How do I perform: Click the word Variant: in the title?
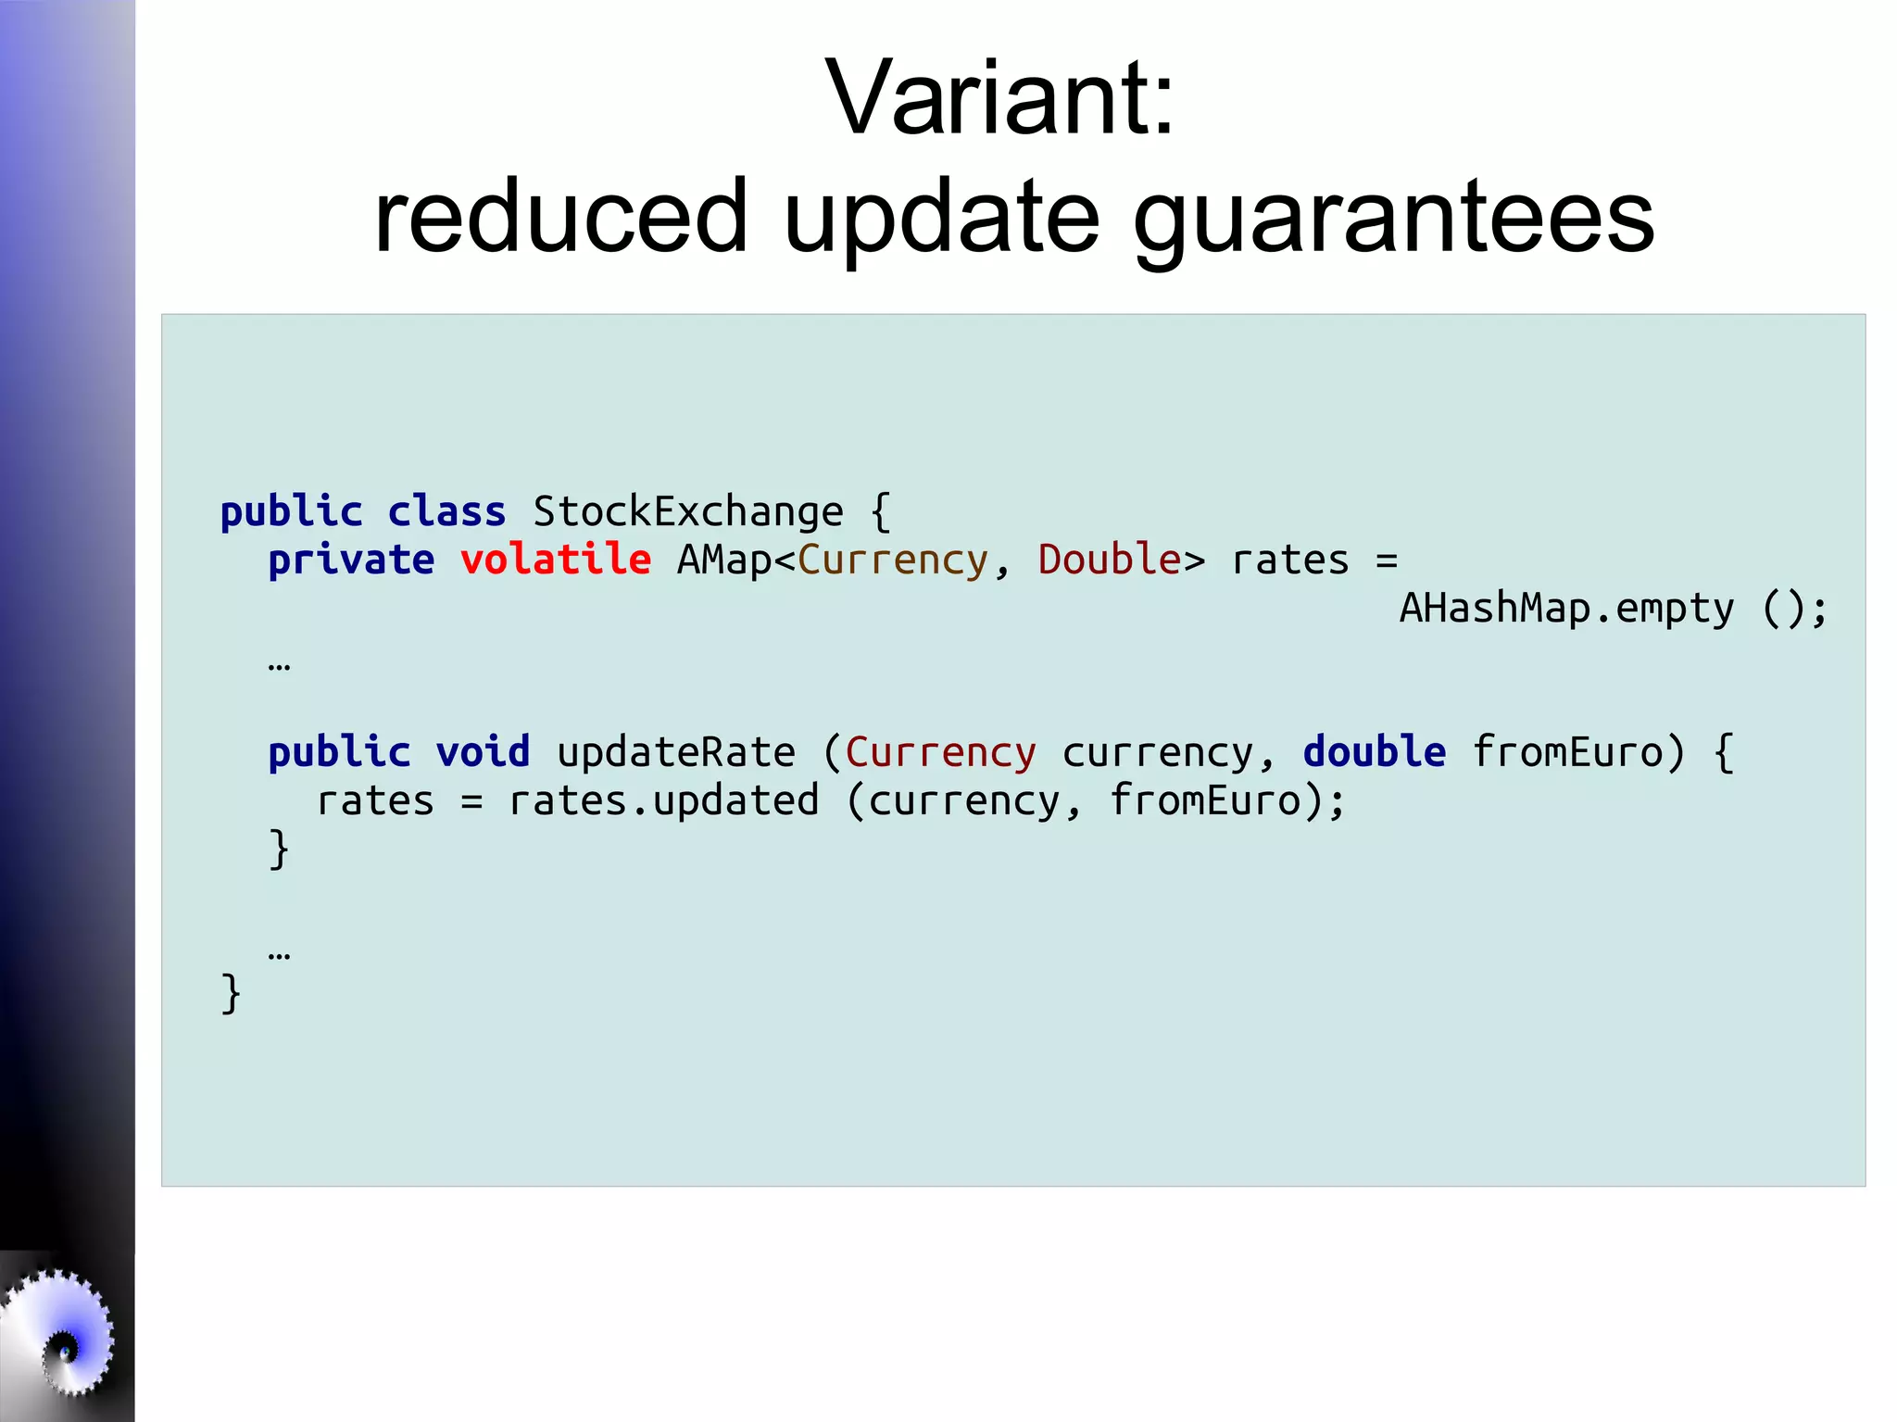pos(999,97)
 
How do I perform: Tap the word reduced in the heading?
pos(560,217)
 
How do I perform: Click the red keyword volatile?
pos(556,560)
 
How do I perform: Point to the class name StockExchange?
pos(688,511)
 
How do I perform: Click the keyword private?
pos(351,561)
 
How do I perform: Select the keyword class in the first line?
pos(446,511)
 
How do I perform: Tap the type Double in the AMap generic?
pos(1109,560)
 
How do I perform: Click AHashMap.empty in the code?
pos(1565,609)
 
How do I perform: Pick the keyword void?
pos(483,751)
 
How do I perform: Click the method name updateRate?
pos(676,752)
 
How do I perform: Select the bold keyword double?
pos(1374,751)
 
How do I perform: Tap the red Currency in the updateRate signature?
pos(940,752)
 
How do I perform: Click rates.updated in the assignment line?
pos(663,800)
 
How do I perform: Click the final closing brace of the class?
pos(231,994)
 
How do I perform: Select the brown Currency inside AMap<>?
pos(893,561)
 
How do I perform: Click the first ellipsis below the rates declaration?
pos(279,665)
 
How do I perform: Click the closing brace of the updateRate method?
pos(279,849)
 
